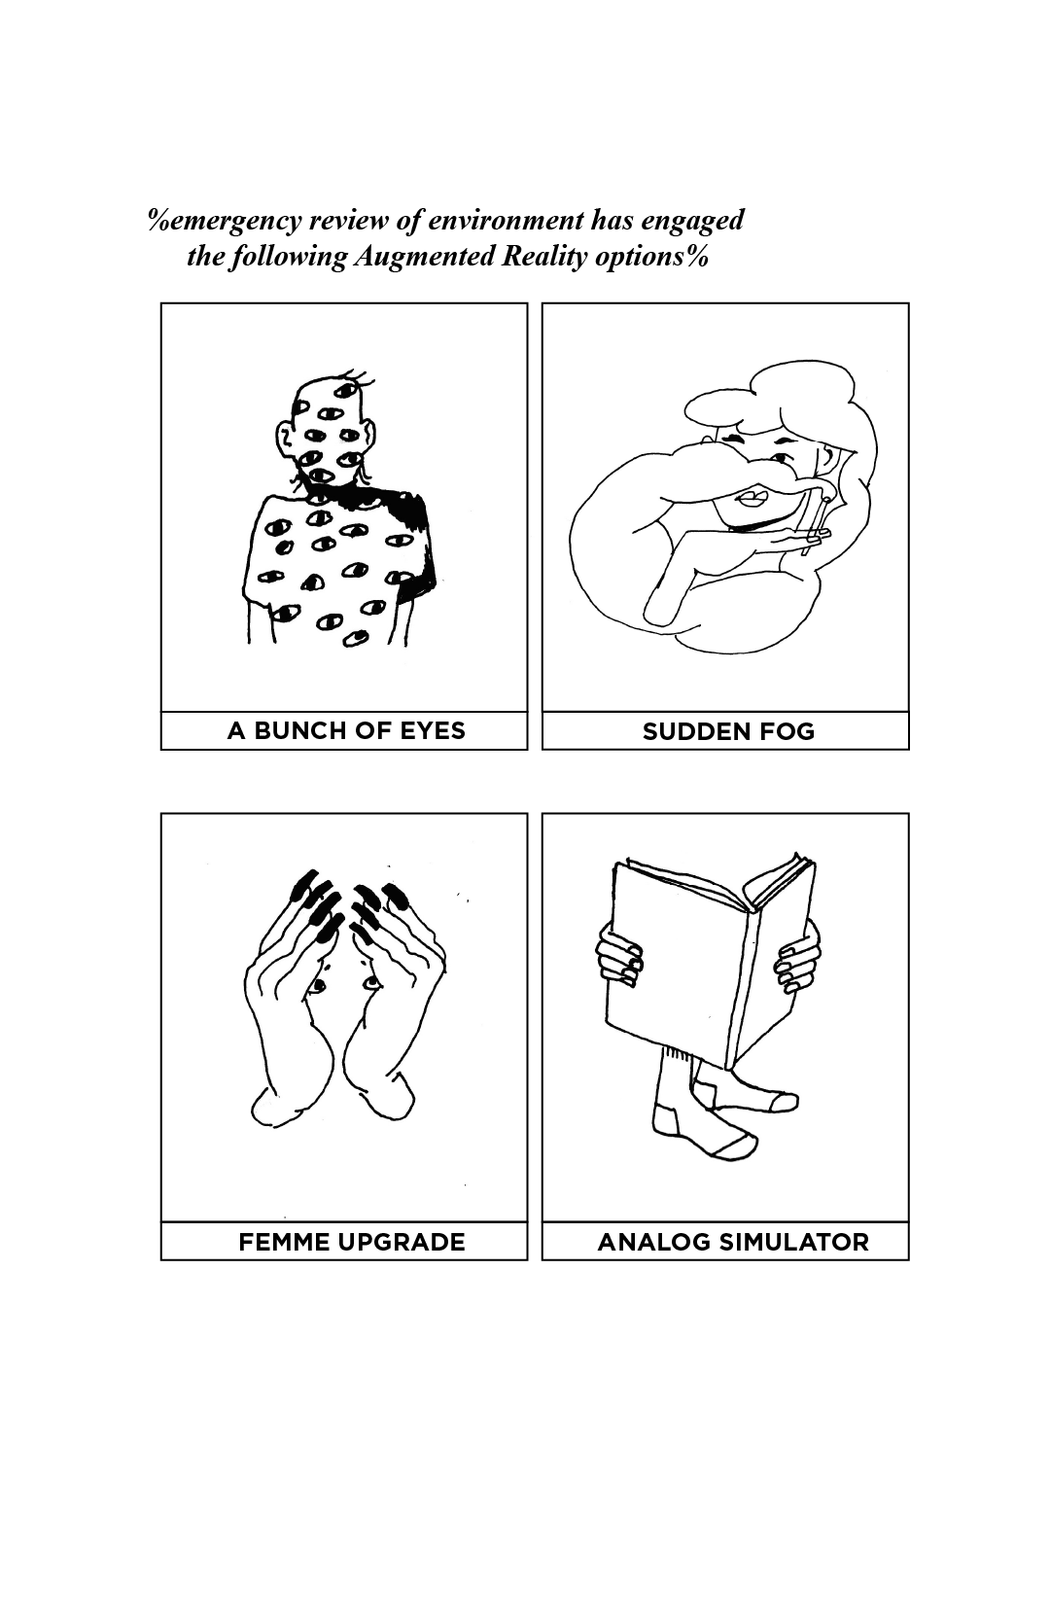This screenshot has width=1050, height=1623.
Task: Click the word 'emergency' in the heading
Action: point(233,221)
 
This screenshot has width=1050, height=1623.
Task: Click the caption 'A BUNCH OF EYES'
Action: point(346,730)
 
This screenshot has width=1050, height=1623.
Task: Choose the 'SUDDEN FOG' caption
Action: point(728,731)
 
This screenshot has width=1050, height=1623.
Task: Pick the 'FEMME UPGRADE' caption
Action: point(351,1242)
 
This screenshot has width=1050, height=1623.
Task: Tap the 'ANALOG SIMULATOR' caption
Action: point(733,1242)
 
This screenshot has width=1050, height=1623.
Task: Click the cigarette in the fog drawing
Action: point(815,526)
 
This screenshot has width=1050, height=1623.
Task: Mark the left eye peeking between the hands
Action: point(318,985)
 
